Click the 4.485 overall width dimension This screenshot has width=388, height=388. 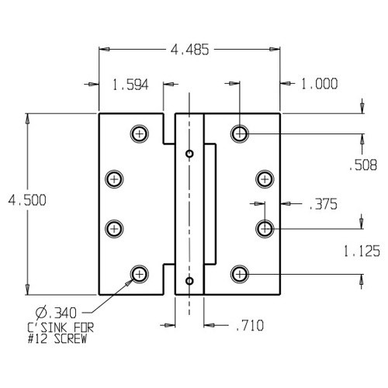click(189, 50)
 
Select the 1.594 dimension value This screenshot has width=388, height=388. click(130, 85)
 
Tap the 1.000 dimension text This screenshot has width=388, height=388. click(320, 84)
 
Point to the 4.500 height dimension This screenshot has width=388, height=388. click(27, 200)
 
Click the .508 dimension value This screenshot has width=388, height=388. click(362, 165)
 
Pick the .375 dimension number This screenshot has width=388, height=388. click(323, 204)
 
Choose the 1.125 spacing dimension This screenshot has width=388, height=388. click(362, 251)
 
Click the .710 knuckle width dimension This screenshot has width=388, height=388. click(250, 325)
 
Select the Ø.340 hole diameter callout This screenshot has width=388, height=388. click(56, 313)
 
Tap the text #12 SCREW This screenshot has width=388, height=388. click(57, 339)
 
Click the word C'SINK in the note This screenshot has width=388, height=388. click(47, 328)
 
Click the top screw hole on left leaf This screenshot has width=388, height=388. click(140, 133)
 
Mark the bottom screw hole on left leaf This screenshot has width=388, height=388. click(140, 274)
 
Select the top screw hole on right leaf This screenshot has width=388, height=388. click(240, 133)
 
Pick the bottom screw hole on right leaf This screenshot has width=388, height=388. click(240, 274)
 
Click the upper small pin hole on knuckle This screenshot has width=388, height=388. click(189, 154)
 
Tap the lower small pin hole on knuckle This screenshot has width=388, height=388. click(189, 281)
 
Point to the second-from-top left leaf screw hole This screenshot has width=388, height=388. click(114, 179)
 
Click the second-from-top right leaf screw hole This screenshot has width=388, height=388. click(265, 179)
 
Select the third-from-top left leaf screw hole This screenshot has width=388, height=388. click(114, 229)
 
